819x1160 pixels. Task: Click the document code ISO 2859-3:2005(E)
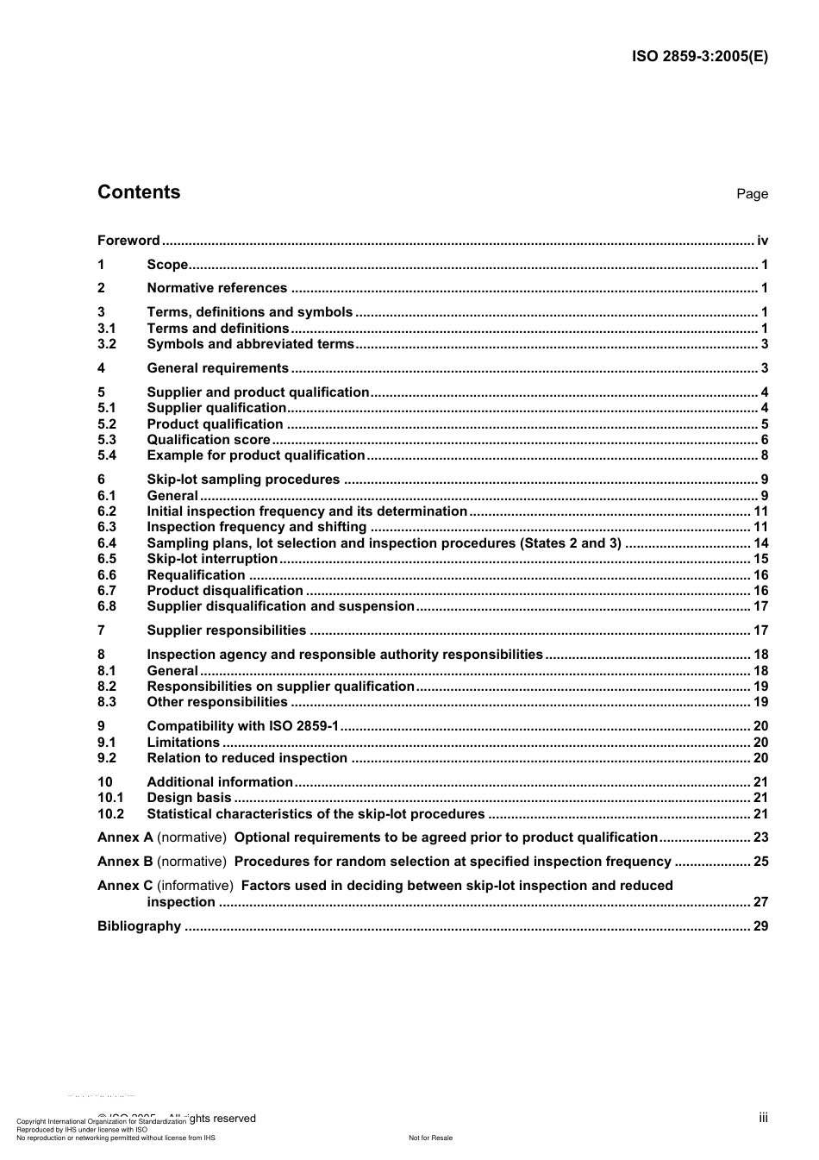699,57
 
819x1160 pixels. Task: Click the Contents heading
139,192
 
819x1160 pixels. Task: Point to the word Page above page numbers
752,194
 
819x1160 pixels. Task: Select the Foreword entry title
128,241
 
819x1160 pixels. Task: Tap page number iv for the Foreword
762,241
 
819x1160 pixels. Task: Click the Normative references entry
216,288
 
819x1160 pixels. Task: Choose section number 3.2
107,344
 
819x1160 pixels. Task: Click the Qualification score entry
209,440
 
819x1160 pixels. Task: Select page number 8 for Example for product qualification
764,455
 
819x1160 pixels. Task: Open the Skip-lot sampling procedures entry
243,480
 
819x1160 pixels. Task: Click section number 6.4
107,543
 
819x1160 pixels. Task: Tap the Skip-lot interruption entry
212,559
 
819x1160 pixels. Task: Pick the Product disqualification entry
225,591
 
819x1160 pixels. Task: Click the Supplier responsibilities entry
226,630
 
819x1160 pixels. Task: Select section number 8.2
107,687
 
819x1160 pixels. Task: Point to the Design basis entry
189,798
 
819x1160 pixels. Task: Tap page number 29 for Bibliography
760,926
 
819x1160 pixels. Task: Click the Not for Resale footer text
430,1138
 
